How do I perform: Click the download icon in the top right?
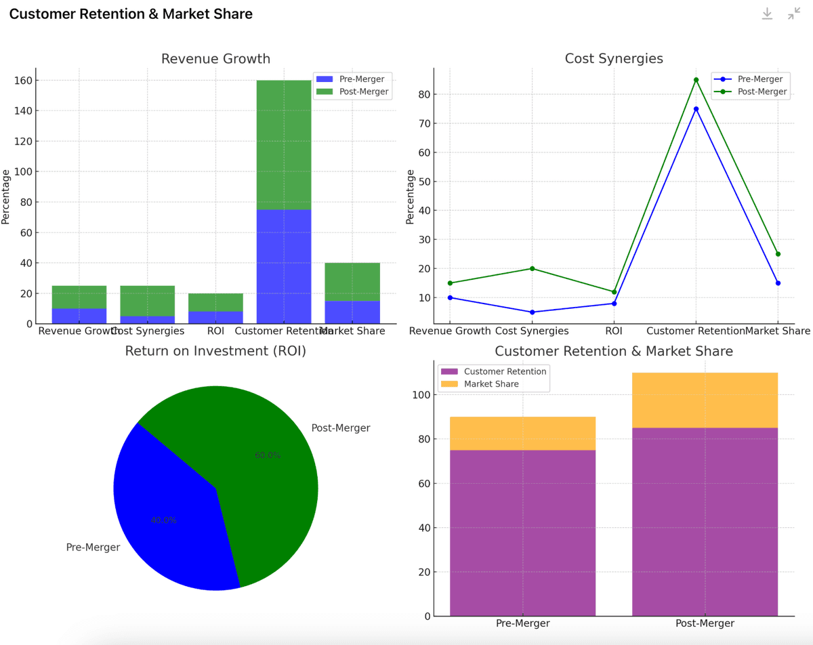[767, 14]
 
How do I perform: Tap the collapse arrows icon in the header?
[794, 14]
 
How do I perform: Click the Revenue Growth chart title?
[215, 59]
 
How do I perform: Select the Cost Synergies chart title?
[614, 59]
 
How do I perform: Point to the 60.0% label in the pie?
[268, 455]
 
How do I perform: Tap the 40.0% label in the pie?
[164, 520]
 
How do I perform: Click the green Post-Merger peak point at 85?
[696, 80]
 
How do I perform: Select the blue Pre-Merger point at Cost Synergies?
[532, 312]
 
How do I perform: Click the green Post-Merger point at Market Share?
[778, 254]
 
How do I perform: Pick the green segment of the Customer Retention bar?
[284, 145]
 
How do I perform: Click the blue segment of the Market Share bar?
[352, 312]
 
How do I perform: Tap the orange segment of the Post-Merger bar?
[705, 400]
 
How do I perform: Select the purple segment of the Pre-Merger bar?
[522, 533]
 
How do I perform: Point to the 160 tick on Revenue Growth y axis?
[23, 81]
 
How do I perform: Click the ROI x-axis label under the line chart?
[614, 331]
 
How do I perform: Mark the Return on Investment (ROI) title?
[215, 351]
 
